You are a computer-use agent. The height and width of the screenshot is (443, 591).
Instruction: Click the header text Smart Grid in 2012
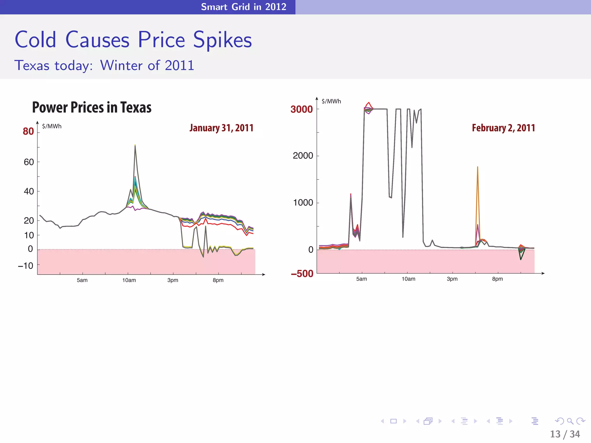pyautogui.click(x=244, y=7)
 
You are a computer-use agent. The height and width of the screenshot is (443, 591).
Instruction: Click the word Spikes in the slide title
pyautogui.click(x=222, y=40)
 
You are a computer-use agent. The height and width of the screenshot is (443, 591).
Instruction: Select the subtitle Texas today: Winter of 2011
pyautogui.click(x=104, y=65)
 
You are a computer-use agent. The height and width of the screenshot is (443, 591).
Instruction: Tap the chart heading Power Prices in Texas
pyautogui.click(x=92, y=107)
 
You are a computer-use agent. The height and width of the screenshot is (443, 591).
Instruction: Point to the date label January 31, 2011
pyautogui.click(x=221, y=128)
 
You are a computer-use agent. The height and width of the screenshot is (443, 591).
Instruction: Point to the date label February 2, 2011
pyautogui.click(x=503, y=128)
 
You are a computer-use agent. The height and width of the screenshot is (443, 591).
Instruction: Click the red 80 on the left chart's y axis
pyautogui.click(x=28, y=132)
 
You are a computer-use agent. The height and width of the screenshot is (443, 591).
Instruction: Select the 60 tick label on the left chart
pyautogui.click(x=29, y=162)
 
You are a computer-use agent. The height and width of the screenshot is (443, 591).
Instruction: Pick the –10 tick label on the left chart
pyautogui.click(x=26, y=266)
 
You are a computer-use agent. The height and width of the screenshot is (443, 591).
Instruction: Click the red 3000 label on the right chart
pyautogui.click(x=302, y=109)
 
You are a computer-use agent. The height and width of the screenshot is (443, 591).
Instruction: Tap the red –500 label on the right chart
pyautogui.click(x=302, y=274)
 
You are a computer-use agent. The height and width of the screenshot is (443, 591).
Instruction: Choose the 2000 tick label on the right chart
pyautogui.click(x=303, y=156)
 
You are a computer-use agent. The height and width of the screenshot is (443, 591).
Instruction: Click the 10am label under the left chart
pyautogui.click(x=129, y=280)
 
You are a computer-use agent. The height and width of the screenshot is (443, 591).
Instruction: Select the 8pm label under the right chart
pyautogui.click(x=498, y=279)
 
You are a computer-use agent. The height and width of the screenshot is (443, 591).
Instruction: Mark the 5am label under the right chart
pyautogui.click(x=362, y=279)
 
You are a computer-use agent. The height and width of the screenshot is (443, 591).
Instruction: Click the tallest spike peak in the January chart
pyautogui.click(x=135, y=145)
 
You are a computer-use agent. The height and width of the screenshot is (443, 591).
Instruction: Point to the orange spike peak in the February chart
pyautogui.click(x=478, y=167)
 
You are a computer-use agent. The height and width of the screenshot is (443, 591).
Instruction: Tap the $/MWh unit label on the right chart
pyautogui.click(x=331, y=101)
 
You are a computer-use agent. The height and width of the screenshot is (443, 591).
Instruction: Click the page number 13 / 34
pyautogui.click(x=565, y=434)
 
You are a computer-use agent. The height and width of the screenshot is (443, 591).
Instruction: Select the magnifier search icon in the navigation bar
pyautogui.click(x=570, y=421)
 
